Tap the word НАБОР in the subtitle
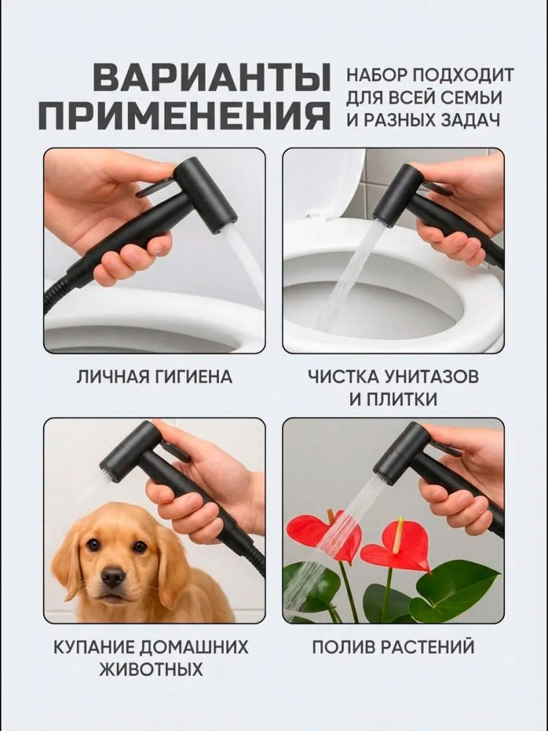pyautogui.click(x=376, y=75)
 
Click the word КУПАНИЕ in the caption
pyautogui.click(x=94, y=647)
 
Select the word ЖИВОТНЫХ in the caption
pyautogui.click(x=152, y=670)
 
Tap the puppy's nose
pyautogui.click(x=113, y=577)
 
